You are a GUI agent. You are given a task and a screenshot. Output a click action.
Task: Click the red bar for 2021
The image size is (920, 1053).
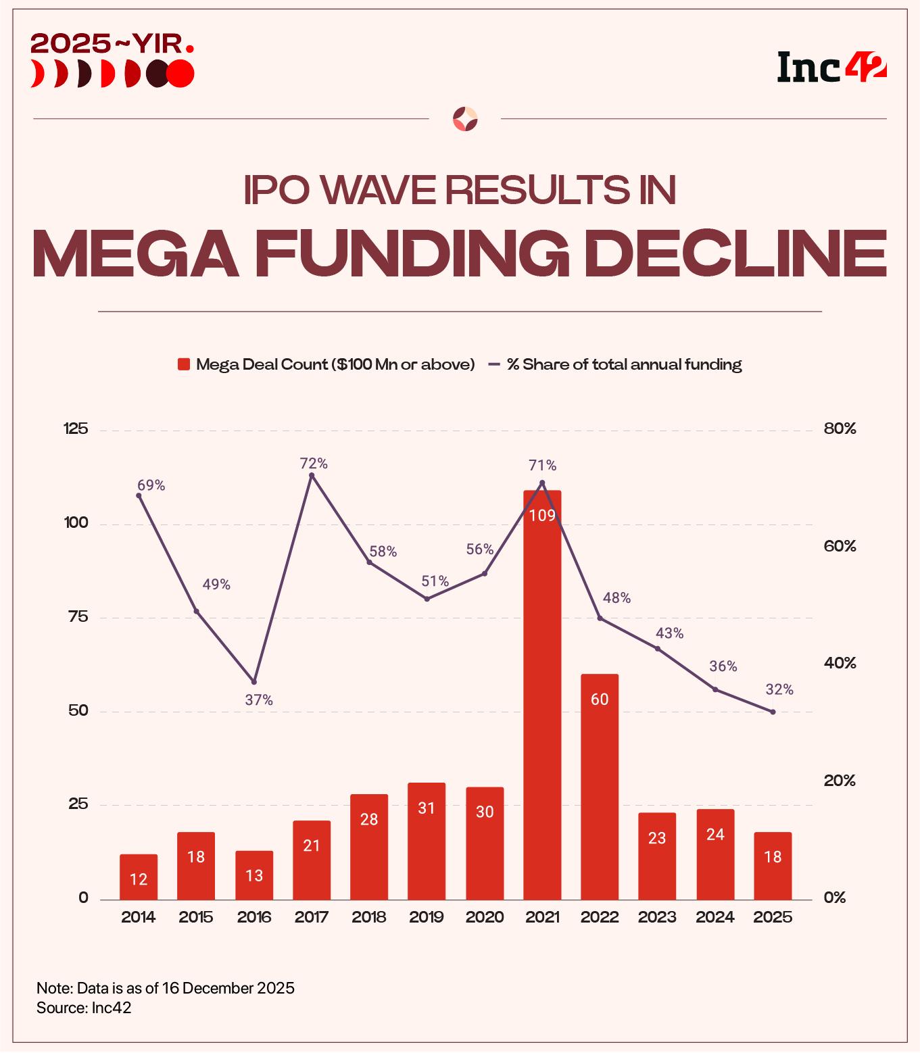542,696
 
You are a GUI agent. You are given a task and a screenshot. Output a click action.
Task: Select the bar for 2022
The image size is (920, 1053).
600,787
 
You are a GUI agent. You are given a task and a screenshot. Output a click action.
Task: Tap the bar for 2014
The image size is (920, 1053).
139,877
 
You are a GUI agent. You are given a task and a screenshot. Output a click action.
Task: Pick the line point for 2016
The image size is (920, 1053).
254,681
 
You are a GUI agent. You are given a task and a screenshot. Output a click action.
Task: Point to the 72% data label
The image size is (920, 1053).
314,464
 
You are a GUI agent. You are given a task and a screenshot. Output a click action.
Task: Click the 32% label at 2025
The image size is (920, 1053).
779,690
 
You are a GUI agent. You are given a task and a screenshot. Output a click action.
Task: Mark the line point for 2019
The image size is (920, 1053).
427,599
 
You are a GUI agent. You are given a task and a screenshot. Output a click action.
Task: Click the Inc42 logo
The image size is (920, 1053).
831,67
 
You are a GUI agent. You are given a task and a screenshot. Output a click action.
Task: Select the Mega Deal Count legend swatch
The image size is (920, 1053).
183,365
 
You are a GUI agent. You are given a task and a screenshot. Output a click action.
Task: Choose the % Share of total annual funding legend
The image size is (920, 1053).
624,365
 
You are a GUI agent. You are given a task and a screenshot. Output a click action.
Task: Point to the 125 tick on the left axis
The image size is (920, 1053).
76,429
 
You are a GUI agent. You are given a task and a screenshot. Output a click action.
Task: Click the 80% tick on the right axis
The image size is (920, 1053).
840,429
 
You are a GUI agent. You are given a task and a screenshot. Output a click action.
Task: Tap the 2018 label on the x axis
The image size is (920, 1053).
369,917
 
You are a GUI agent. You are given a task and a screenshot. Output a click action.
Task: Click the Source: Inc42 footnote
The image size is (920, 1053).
84,1008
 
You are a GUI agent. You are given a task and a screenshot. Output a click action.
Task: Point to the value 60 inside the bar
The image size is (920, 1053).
600,700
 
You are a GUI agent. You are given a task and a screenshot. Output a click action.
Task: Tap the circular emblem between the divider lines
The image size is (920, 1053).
465,119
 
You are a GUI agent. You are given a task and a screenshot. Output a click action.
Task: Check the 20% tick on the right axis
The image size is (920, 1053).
840,781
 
